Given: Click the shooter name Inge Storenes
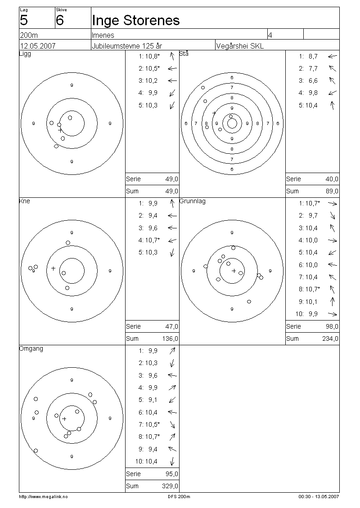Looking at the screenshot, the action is [x=135, y=20].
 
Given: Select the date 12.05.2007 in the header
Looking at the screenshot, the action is [x=38, y=46].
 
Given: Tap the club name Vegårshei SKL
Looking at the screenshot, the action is [x=240, y=46].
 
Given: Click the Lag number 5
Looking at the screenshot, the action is [x=24, y=20].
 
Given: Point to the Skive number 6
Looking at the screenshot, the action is [x=60, y=20].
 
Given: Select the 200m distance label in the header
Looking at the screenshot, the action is [x=29, y=36].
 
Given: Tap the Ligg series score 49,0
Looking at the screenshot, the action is [x=171, y=179].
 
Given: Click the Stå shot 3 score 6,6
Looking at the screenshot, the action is [x=313, y=80].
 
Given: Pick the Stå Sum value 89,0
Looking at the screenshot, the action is [x=332, y=192].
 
